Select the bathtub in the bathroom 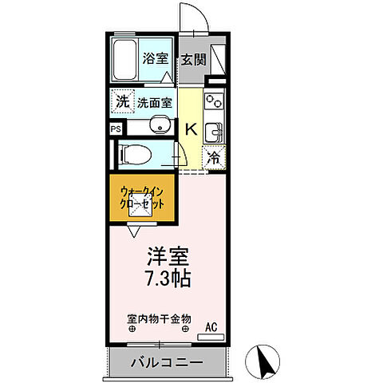tap(124, 57)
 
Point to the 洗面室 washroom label tap(154, 102)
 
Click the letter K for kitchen tap(191, 128)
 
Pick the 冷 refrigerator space tap(213, 158)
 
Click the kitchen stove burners tap(214, 103)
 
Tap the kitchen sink tap(213, 129)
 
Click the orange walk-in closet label tap(144, 197)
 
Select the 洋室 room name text tap(167, 257)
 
